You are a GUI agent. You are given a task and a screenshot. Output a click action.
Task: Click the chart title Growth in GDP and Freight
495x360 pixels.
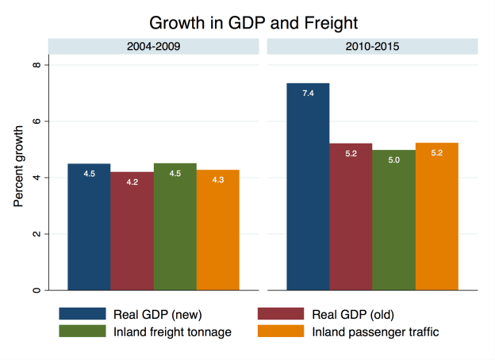point(247,18)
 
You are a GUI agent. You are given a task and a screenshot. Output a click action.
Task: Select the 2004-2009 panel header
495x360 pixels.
point(153,47)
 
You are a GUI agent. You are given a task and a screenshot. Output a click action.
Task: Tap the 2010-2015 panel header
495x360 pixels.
point(373,47)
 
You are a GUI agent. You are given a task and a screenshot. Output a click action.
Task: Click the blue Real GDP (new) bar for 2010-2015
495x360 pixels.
point(308,186)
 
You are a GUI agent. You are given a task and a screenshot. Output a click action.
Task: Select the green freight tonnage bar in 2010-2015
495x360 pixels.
point(393,220)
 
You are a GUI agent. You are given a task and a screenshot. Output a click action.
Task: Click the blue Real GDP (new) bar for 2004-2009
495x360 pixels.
point(89,227)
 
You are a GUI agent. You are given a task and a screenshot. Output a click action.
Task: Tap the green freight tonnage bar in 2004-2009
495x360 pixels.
point(175,227)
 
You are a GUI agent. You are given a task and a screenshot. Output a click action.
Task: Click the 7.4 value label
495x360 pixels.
point(308,94)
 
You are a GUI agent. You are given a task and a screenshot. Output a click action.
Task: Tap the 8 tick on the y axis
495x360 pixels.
point(36,64)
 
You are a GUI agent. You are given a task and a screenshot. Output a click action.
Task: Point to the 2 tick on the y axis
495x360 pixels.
point(36,234)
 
